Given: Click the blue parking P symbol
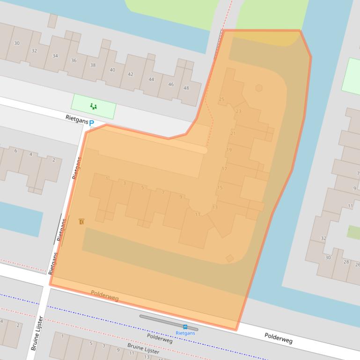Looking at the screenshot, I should tap(92, 123).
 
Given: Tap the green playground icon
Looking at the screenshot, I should tap(94, 107).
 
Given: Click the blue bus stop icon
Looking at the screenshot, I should tap(185, 327).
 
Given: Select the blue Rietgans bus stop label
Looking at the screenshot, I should tap(185, 333).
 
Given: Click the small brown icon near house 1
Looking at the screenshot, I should tap(81, 221).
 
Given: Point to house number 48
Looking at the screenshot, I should tap(186, 88).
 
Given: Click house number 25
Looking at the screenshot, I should tap(221, 99).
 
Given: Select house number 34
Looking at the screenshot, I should tap(55, 56).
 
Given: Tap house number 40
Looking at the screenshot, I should tap(112, 70).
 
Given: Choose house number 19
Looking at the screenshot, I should tap(229, 150).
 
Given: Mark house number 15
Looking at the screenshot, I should tap(220, 188).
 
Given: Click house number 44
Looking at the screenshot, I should tap(151, 79).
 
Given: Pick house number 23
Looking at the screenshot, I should tap(239, 111).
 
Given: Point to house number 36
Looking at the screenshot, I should tap(74, 60).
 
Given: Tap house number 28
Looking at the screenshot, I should tap(346, 261).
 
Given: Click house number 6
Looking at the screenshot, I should tap(15, 151).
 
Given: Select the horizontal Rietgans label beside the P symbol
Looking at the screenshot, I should tap(77, 121).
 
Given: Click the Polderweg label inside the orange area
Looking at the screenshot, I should tap(104, 295).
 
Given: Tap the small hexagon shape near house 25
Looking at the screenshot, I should tap(259, 87).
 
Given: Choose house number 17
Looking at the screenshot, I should tap(224, 169).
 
